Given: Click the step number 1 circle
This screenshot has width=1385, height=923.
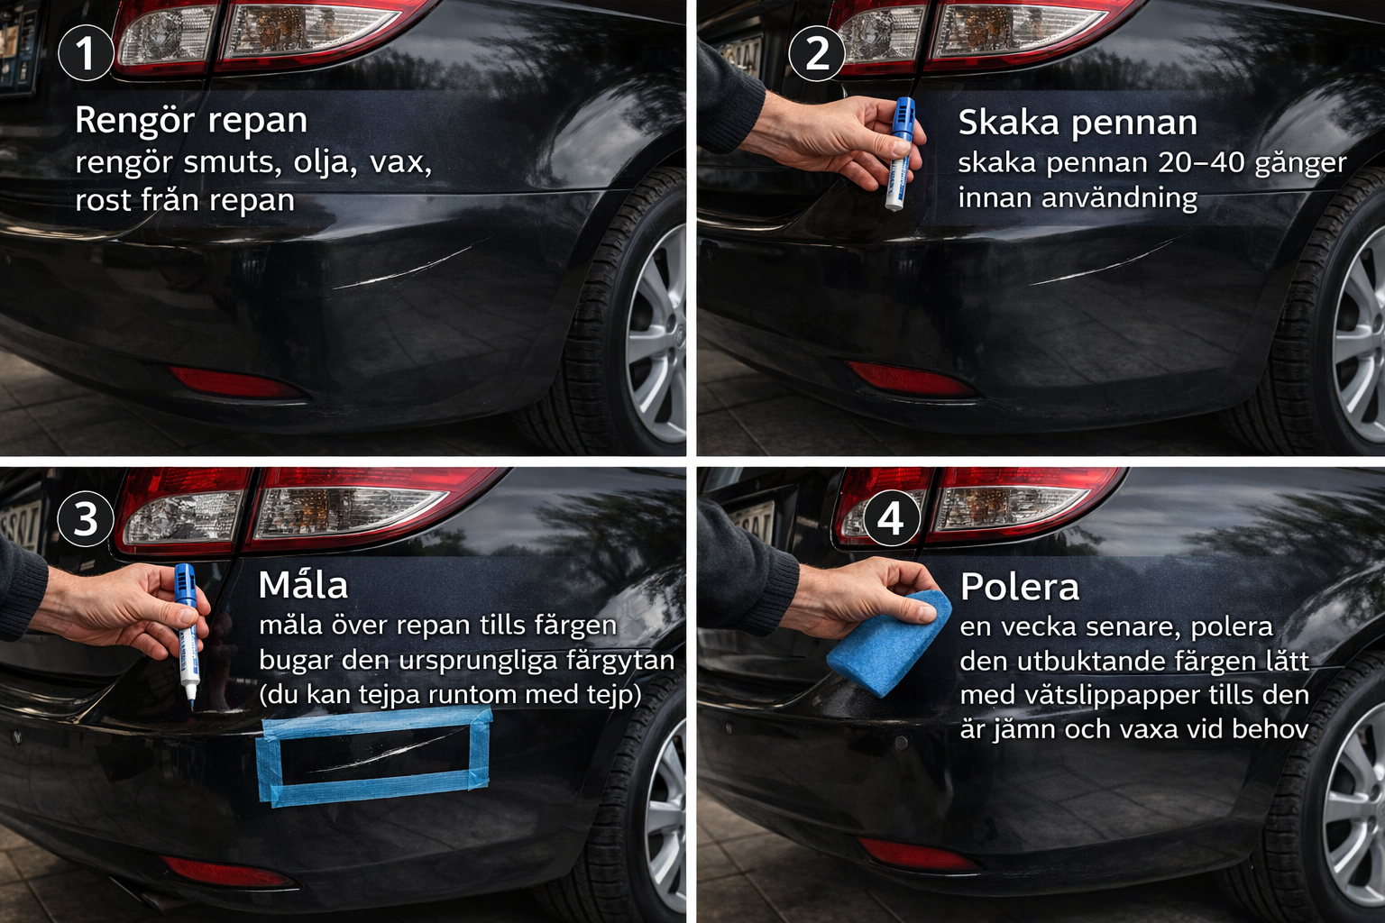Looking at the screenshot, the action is [86, 52].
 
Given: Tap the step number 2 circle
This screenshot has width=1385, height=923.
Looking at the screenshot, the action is [817, 53].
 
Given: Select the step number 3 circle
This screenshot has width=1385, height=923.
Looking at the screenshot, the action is [86, 518].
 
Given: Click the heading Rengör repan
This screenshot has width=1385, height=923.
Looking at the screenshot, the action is [191, 120].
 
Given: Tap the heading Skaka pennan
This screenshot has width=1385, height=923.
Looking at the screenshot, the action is [1078, 123].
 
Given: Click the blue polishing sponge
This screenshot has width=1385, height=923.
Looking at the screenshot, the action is [887, 643].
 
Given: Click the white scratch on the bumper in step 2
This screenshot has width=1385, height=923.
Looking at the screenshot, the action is [1106, 260].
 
